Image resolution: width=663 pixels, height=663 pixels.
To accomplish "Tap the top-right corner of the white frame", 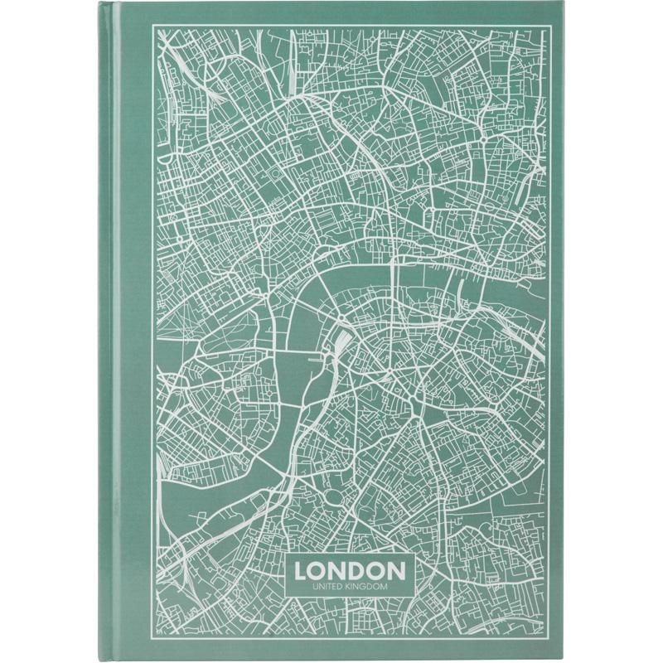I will click(554, 26).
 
